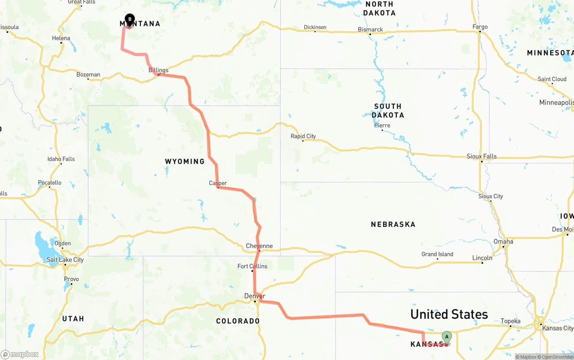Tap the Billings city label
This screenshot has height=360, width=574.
pyautogui.click(x=158, y=70)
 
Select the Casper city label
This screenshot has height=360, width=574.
pyautogui.click(x=218, y=183)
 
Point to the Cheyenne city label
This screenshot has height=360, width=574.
pyautogui.click(x=259, y=246)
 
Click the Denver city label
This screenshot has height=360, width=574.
pyautogui.click(x=255, y=296)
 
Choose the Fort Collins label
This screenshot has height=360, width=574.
pyautogui.click(x=252, y=266)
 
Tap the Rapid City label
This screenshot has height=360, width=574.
pyautogui.click(x=303, y=136)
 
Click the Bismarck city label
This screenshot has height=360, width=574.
pyautogui.click(x=370, y=30)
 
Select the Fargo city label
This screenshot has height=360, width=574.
pyautogui.click(x=480, y=27)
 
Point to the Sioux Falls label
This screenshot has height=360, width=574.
pyautogui.click(x=482, y=156)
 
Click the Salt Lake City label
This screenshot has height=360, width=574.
pyautogui.click(x=65, y=260)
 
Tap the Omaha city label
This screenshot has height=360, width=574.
pyautogui.click(x=504, y=242)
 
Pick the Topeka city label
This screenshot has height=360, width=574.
pyautogui.click(x=510, y=321)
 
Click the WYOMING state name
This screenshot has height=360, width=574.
pyautogui.click(x=185, y=161)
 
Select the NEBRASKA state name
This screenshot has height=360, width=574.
pyautogui.click(x=393, y=224)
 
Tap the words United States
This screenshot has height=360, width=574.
pyautogui.click(x=449, y=314)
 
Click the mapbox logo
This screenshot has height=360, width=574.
pyautogui.click(x=20, y=354)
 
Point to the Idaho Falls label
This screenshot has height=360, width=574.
pyautogui.click(x=61, y=159)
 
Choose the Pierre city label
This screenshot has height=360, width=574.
pyautogui.click(x=382, y=126)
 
